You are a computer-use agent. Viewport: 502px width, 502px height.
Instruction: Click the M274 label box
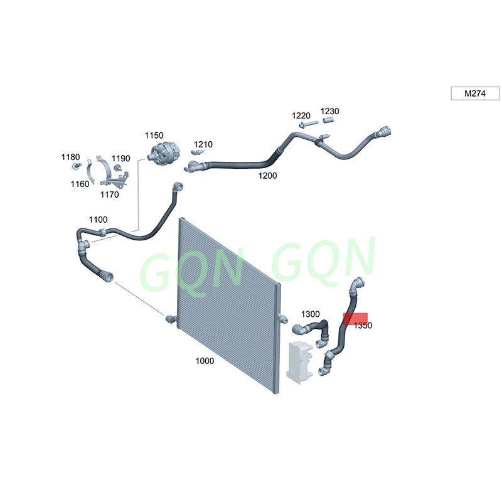475,93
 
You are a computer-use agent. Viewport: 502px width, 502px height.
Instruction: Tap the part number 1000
205,361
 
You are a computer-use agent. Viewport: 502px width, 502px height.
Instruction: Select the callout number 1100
98,220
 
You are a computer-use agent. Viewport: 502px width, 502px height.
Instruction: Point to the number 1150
154,135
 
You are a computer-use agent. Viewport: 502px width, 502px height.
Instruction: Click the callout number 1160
80,184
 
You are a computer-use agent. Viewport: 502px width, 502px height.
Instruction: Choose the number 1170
109,195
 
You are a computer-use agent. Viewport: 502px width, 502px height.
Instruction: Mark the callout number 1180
70,156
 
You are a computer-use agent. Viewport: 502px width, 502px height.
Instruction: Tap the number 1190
120,158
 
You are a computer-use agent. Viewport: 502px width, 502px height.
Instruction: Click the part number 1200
267,176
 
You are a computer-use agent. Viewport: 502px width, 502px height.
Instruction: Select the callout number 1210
203,144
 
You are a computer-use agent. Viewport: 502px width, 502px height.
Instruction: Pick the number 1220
301,115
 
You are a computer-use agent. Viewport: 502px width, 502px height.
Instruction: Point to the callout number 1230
329,111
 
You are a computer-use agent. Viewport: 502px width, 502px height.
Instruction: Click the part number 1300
310,314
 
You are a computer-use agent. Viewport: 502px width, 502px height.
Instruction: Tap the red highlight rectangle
355,319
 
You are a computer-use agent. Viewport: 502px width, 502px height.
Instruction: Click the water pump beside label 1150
163,154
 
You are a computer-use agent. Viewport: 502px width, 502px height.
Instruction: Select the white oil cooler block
300,362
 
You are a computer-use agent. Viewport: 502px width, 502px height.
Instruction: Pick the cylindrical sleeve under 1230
327,120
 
